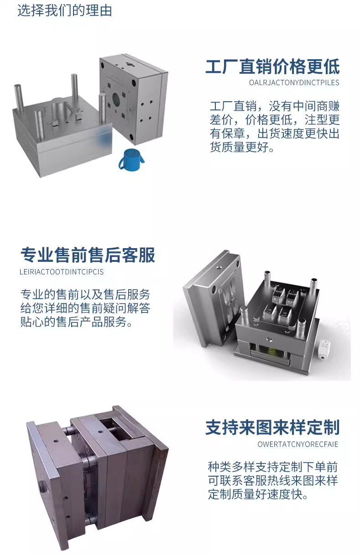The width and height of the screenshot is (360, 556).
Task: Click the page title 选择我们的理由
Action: (64, 10)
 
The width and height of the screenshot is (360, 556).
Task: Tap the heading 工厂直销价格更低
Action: (272, 67)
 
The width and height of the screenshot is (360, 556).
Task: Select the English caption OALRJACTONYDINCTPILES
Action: (294, 83)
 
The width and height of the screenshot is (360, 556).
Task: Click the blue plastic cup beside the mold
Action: (131, 160)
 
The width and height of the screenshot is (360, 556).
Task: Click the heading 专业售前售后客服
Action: (88, 255)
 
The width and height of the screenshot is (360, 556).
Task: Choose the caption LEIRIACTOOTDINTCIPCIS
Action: (62, 272)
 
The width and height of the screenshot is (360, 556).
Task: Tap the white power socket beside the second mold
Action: (324, 350)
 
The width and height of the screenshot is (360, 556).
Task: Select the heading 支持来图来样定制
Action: (272, 427)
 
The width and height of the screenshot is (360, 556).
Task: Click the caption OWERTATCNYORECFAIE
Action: (297, 444)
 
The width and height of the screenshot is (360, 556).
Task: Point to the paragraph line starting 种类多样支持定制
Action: (272, 467)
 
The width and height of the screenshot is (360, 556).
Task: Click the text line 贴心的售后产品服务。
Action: (76, 322)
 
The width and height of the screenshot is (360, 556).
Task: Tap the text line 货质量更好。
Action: (242, 147)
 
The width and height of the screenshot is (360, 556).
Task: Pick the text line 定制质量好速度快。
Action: (258, 494)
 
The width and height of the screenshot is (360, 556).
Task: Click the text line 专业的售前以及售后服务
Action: (85, 295)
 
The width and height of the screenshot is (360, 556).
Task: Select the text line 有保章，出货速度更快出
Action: (275, 133)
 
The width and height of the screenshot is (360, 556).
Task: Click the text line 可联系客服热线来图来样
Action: (272, 481)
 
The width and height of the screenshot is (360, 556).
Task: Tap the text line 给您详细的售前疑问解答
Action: (85, 308)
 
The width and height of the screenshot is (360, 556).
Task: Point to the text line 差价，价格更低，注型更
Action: (275, 120)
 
